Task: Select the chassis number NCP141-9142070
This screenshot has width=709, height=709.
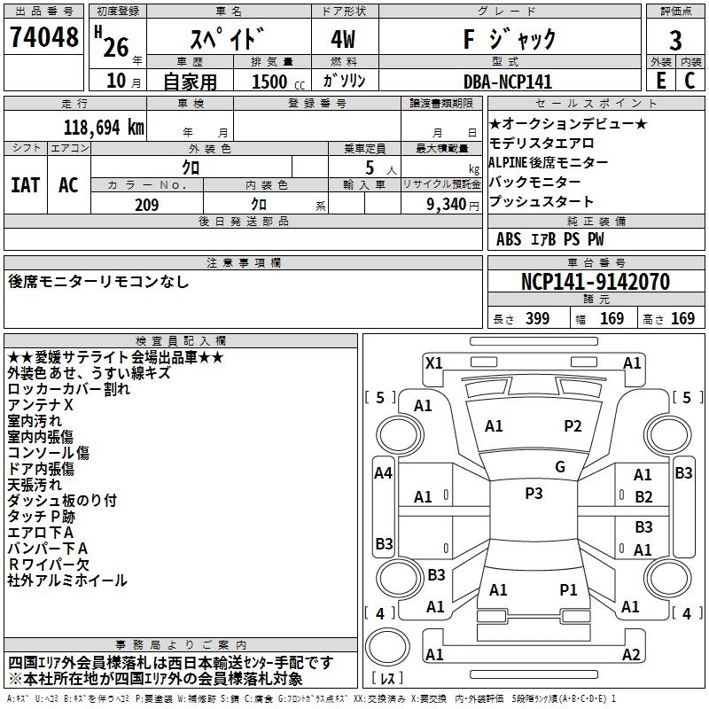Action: click(x=595, y=283)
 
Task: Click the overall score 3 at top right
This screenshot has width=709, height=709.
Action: click(x=675, y=41)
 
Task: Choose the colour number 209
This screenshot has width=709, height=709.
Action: click(x=146, y=205)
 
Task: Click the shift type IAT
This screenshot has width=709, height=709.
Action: click(x=25, y=185)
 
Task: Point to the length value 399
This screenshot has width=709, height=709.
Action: click(x=536, y=319)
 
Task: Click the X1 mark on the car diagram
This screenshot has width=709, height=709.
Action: click(x=434, y=362)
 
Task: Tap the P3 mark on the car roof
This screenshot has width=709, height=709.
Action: click(x=534, y=494)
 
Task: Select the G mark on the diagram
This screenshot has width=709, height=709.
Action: click(x=560, y=467)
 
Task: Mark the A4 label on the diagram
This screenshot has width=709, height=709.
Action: click(x=383, y=473)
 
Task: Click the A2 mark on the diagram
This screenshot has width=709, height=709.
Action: click(x=631, y=655)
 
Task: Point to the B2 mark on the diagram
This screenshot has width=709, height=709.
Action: click(x=643, y=497)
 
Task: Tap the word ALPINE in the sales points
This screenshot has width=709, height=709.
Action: click(x=511, y=163)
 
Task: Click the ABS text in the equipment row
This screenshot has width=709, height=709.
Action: click(x=509, y=239)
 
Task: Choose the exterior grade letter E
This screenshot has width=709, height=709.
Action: click(x=660, y=81)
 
